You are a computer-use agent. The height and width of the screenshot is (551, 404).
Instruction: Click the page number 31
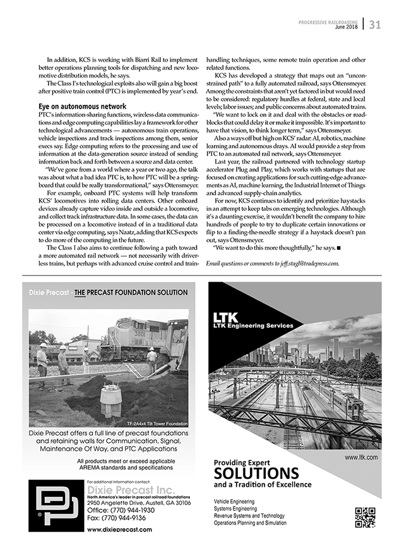pyautogui.click(x=375, y=25)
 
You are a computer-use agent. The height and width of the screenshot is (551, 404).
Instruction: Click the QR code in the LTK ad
pyautogui.click(x=365, y=517)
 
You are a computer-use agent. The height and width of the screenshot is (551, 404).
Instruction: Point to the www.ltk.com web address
pyautogui.click(x=361, y=456)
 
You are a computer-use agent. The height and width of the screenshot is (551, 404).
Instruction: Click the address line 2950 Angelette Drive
pyautogui.click(x=130, y=502)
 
